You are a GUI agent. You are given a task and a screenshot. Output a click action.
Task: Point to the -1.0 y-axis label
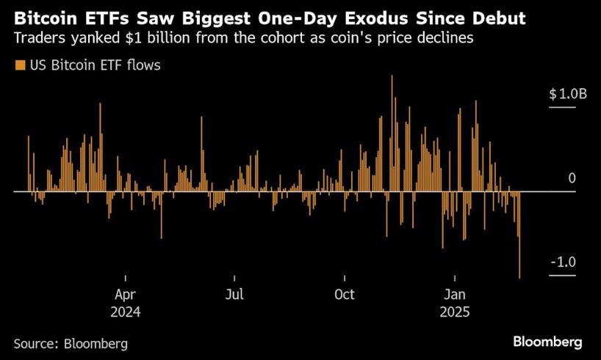pos(563,262)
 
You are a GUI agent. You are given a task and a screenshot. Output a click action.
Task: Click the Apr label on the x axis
pos(125,295)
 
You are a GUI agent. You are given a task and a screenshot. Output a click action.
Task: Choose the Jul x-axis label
pos(234,295)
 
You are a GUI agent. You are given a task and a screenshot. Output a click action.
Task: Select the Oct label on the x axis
pos(344,295)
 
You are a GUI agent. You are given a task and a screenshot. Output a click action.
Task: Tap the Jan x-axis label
pos(455,295)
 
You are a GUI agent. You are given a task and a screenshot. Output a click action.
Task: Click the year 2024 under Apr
pos(125,312)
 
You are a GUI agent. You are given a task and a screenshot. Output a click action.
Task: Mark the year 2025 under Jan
pos(455,312)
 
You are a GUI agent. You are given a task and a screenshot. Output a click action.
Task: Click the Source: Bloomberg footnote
pos(71,343)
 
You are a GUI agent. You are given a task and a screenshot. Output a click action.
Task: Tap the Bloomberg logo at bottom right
pos(547,342)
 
